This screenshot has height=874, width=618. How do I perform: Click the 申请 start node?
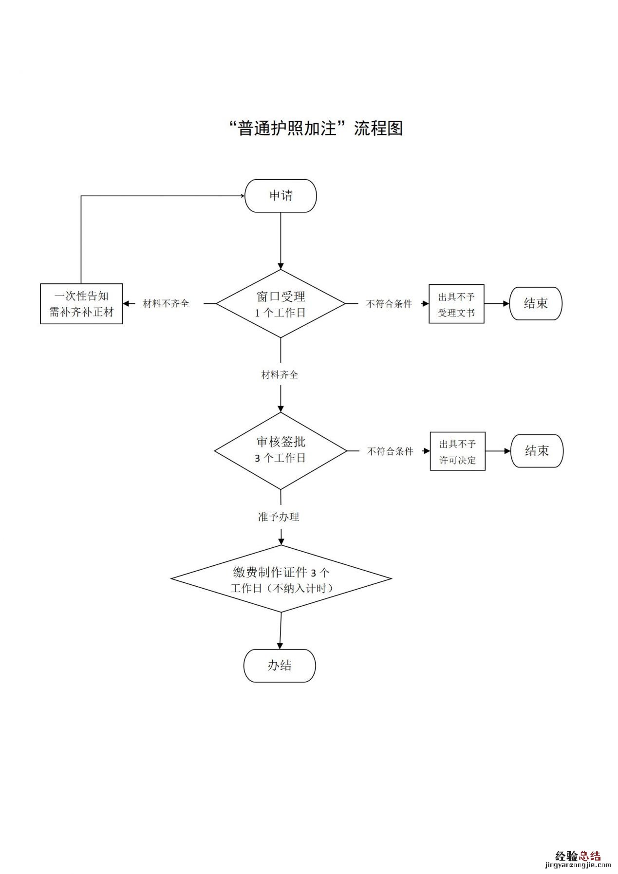[281, 196]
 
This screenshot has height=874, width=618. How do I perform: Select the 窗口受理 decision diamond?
[281, 304]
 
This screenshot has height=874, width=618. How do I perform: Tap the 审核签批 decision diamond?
[281, 450]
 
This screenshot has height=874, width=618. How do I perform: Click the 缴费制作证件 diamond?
[281, 579]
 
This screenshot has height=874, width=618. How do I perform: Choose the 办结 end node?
[280, 666]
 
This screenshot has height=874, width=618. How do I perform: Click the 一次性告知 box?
[81, 304]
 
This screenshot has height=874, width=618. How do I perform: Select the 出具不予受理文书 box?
[456, 304]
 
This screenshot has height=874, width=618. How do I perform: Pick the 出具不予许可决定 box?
[457, 451]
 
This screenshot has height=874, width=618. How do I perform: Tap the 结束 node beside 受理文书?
[536, 304]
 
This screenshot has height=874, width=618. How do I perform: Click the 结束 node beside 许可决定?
[537, 451]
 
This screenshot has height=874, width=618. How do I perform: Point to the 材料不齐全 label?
[166, 304]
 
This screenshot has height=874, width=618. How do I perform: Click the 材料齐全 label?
[280, 375]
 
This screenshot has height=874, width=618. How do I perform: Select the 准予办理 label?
[279, 517]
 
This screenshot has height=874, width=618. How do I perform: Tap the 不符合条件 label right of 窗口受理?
[389, 304]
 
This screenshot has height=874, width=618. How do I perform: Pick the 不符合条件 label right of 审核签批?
[390, 451]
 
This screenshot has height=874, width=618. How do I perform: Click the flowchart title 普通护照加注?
[316, 128]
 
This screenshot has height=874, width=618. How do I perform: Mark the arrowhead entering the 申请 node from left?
[242, 196]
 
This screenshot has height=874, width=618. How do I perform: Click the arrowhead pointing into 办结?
[280, 646]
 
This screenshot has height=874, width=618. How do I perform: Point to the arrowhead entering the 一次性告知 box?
[126, 304]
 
